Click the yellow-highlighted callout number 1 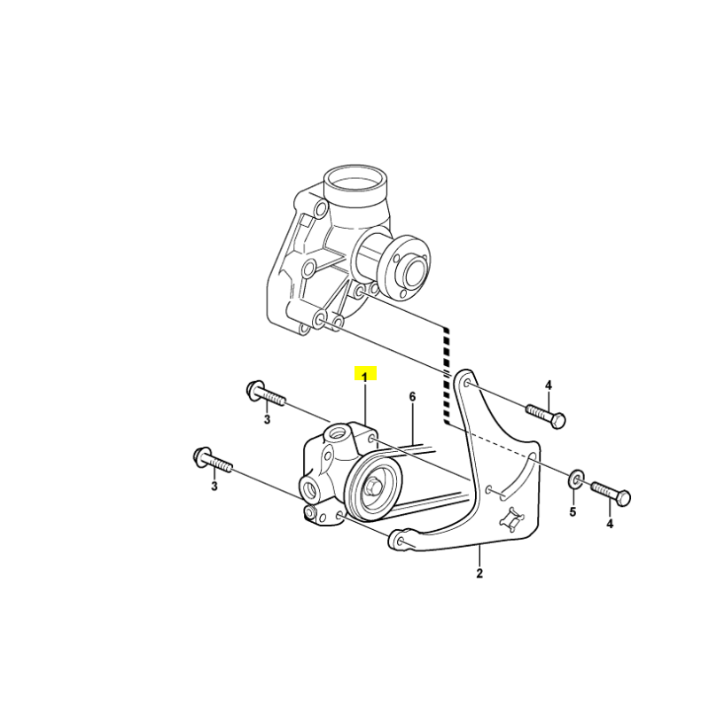(x=365, y=375)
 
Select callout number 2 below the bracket (x=479, y=573)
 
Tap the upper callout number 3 (x=268, y=419)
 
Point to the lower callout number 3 (x=214, y=487)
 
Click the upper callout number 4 (x=549, y=386)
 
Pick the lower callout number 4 (x=610, y=524)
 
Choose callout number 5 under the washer (x=573, y=512)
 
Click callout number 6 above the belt (x=412, y=397)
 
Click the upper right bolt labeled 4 (x=546, y=416)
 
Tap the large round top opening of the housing (x=356, y=180)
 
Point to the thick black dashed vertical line (x=447, y=376)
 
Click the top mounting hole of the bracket (x=468, y=386)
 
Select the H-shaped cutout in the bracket (x=511, y=518)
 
